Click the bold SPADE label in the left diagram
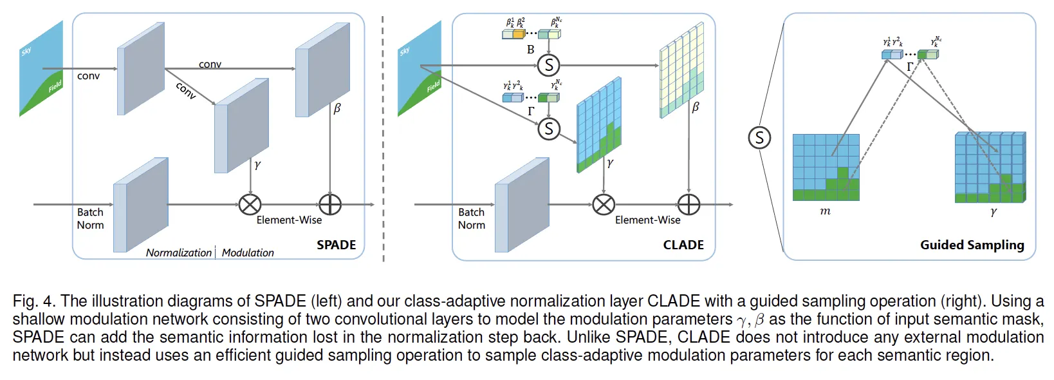336,245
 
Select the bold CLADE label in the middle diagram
683,245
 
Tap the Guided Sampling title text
972,245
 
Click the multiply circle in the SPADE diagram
250,205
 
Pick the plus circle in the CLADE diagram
689,205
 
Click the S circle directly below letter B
549,65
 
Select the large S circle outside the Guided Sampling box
759,138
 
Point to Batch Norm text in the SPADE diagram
90,218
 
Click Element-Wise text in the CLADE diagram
647,220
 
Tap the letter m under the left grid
825,211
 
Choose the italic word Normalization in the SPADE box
178,253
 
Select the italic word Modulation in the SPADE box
248,253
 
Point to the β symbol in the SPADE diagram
337,109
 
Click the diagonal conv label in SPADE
186,91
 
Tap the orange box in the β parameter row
519,34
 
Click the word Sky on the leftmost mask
26,51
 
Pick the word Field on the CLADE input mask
433,86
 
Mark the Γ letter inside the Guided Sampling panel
910,67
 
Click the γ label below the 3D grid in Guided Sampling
994,212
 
